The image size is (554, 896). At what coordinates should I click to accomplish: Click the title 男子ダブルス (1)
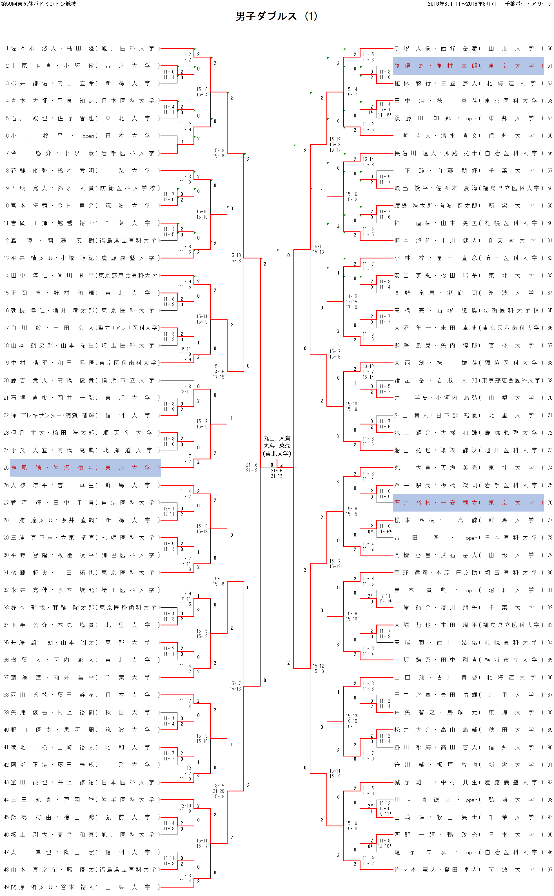[276, 16]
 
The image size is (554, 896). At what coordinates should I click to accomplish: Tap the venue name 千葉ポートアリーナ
[528, 4]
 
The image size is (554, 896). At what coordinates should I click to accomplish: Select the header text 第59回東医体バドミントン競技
[39, 4]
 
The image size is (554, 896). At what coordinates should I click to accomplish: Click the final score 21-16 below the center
[276, 471]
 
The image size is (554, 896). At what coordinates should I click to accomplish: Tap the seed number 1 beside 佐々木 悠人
[7, 48]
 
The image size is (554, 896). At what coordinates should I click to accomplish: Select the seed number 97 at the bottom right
[549, 869]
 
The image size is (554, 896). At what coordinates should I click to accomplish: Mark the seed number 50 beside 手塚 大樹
[549, 48]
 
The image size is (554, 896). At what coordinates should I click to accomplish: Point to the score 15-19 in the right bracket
[335, 139]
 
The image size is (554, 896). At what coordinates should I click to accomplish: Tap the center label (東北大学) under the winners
[277, 454]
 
